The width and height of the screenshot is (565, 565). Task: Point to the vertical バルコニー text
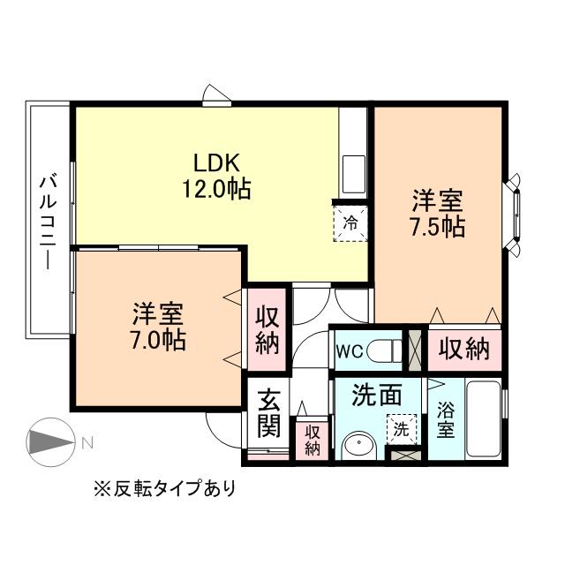tap(48, 221)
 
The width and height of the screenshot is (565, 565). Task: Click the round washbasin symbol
tap(357, 447)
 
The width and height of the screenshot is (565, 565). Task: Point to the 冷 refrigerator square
tap(350, 223)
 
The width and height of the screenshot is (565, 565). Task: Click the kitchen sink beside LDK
tap(354, 173)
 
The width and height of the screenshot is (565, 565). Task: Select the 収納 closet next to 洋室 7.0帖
tap(267, 329)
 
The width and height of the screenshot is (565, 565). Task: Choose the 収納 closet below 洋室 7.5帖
tap(464, 350)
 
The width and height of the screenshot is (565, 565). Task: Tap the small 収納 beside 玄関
tap(312, 439)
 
